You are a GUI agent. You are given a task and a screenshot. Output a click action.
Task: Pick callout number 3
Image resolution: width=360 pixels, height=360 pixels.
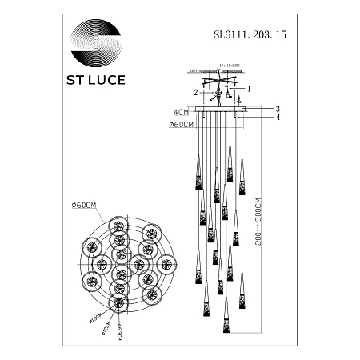pos(278,109)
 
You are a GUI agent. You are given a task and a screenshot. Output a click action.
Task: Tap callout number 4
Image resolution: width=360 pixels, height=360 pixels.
pos(278,118)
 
